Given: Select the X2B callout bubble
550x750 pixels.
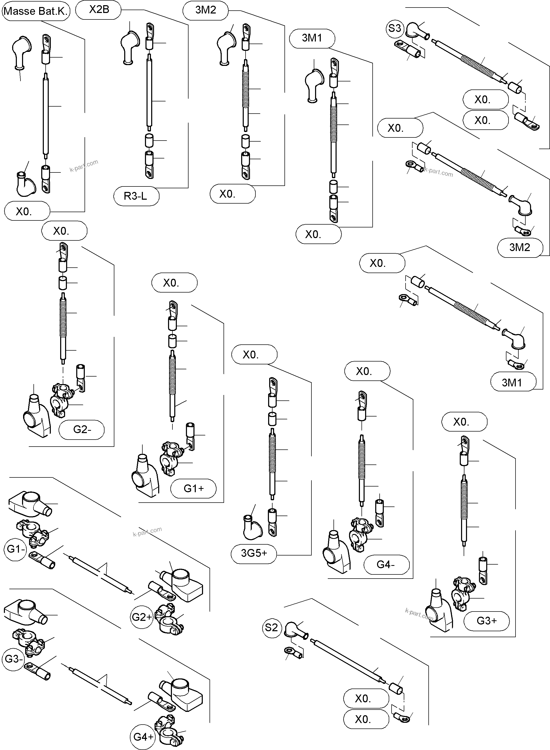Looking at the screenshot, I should (99, 10).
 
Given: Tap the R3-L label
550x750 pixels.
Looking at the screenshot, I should (136, 196).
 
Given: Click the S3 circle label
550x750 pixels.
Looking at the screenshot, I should (394, 28).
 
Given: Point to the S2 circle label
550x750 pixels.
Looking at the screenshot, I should (271, 628).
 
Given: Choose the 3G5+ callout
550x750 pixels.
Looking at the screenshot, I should (254, 553).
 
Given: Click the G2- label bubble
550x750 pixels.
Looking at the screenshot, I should (82, 429).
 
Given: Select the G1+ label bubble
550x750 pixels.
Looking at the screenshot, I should (193, 488).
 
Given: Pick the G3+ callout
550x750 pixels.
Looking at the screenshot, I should (486, 621).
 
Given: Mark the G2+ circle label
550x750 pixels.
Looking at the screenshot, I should (142, 617).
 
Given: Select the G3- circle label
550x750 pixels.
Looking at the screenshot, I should (13, 658).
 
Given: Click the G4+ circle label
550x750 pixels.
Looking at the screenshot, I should (143, 737).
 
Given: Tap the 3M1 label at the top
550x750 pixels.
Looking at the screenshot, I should (312, 38).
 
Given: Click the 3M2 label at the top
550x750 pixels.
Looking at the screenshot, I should (205, 10).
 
